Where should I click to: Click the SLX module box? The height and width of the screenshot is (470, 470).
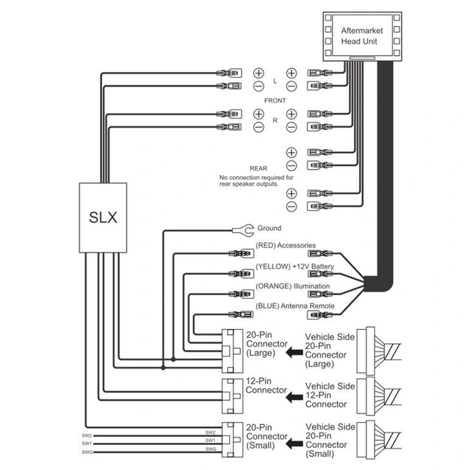[x=104, y=218]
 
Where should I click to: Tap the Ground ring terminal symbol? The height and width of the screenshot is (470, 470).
[x=241, y=229]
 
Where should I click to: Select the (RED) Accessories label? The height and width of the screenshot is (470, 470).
[x=286, y=245]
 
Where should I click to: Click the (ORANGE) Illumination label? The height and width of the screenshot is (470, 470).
[x=292, y=286]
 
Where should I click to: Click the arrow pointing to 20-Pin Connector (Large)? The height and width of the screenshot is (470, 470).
[x=295, y=352]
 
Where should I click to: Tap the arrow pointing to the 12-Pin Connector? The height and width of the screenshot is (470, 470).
[x=295, y=397]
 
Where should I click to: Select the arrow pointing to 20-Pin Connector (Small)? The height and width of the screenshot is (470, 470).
[x=295, y=442]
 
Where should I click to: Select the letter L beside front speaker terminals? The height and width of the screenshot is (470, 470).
[x=275, y=80]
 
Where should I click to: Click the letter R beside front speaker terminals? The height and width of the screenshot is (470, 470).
[x=275, y=120]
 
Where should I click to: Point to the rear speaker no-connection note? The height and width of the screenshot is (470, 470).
[x=256, y=181]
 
